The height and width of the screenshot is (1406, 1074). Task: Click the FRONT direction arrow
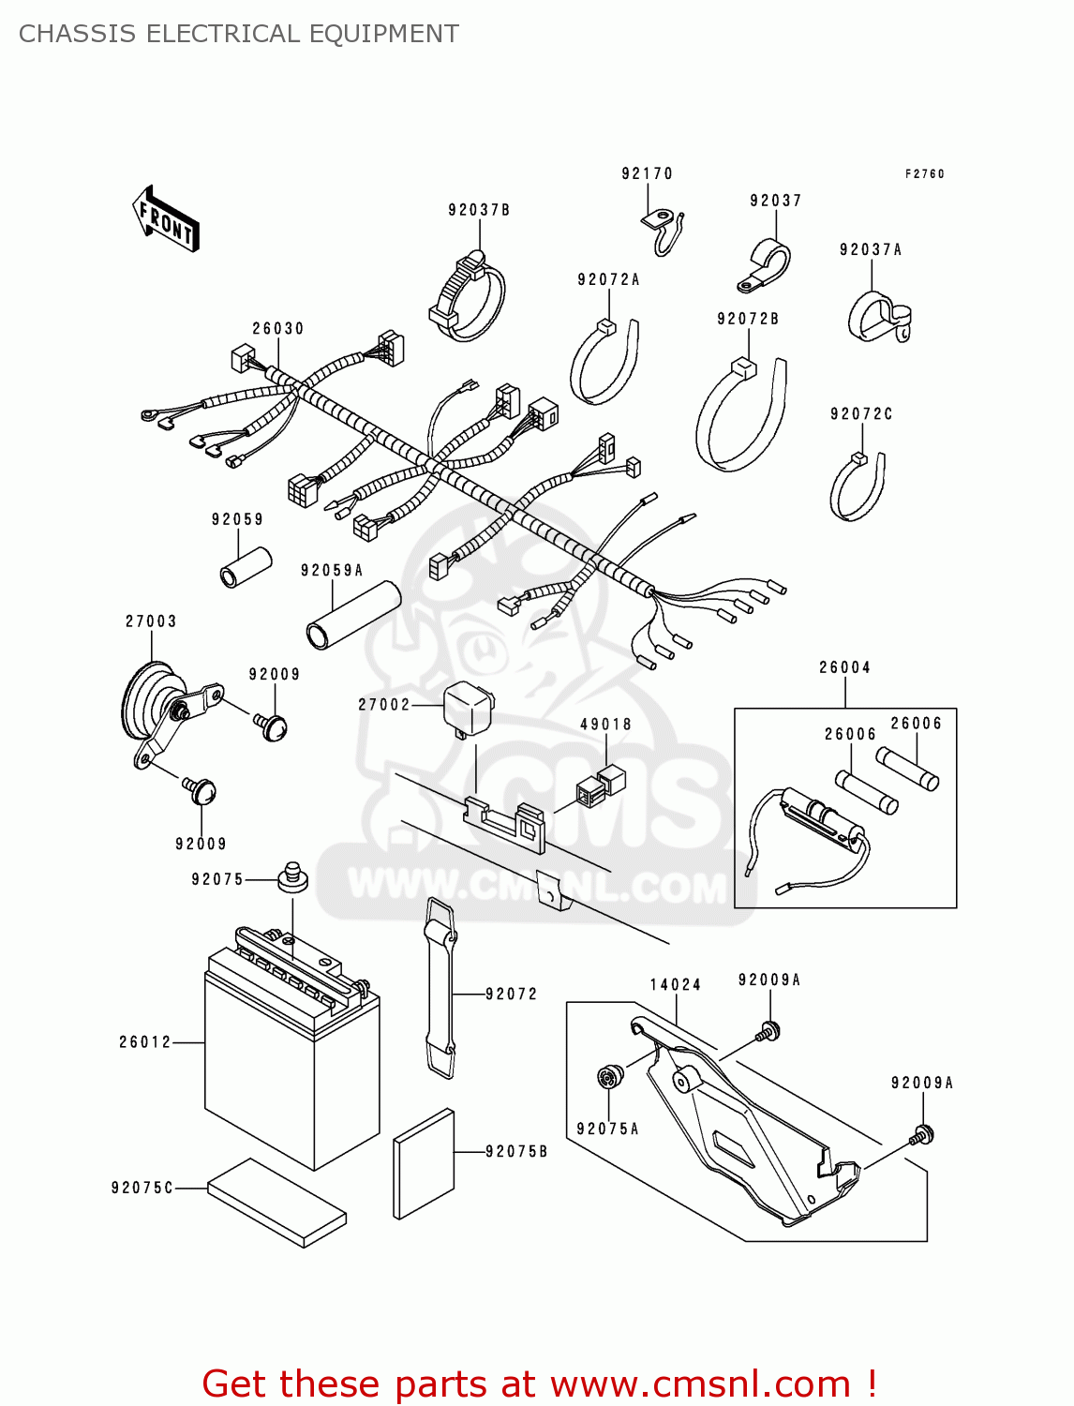[x=166, y=219]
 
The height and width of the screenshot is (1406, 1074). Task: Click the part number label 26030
[x=277, y=328]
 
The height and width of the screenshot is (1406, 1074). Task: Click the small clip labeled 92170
[x=664, y=228]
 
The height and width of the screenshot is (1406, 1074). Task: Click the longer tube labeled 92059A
[x=352, y=615]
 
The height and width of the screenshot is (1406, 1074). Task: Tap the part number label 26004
[x=844, y=667]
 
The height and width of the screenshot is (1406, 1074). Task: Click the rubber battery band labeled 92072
[x=440, y=988]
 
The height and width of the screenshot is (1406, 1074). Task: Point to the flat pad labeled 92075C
[x=276, y=1203]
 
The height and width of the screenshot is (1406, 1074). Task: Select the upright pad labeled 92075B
[x=424, y=1163]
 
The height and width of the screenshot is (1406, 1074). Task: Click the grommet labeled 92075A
[x=610, y=1077]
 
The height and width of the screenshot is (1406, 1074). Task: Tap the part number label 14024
[x=675, y=984]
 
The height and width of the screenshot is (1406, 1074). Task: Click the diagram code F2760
[x=924, y=173]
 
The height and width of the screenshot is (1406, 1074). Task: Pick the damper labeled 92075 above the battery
[x=292, y=877]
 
